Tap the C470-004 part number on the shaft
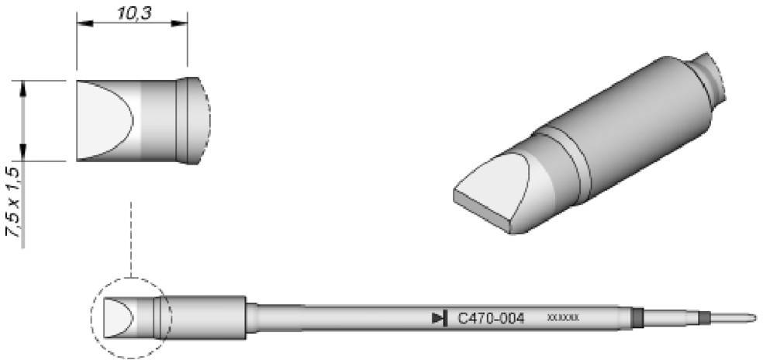[x=491, y=318]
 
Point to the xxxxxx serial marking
[x=563, y=318]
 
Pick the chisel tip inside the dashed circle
[x=117, y=318]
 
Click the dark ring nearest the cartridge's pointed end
[x=703, y=317]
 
